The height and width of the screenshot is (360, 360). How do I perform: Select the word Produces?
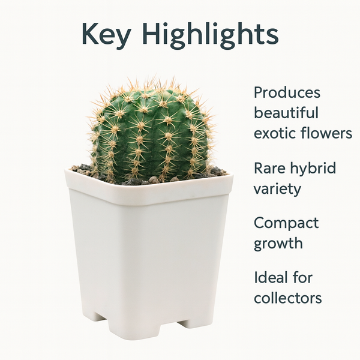[287, 93]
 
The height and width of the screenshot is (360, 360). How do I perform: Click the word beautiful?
[286, 113]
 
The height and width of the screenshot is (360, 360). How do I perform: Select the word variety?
[277, 188]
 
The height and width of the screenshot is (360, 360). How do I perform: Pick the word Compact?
[286, 223]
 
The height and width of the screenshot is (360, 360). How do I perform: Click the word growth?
[278, 244]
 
